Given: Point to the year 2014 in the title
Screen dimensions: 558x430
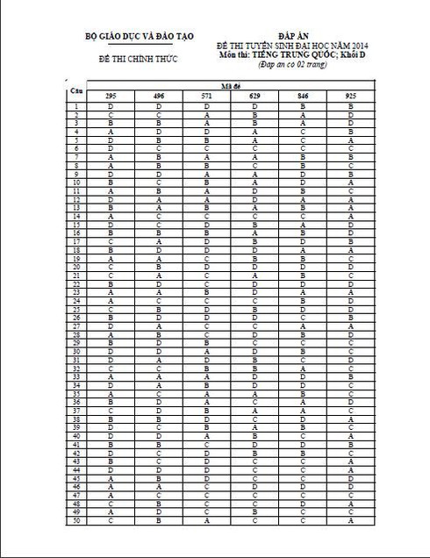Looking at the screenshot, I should tap(348, 43).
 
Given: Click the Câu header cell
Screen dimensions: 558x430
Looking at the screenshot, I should tap(76, 89).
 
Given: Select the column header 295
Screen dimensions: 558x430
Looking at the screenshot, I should tap(111, 93).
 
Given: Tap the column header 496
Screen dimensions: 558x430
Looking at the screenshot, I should tap(158, 93).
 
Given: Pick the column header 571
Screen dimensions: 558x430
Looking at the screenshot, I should tap(206, 93).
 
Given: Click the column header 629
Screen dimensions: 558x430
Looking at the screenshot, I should tap(254, 93).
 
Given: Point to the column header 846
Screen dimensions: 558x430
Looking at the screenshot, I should tap(302, 93).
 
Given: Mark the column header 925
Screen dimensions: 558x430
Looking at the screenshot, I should tap(350, 93).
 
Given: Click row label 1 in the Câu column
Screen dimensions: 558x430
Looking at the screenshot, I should tap(76, 105).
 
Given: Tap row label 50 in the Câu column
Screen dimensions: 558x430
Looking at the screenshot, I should tap(76, 520).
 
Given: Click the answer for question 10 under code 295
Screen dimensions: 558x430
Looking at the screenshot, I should tap(111, 182).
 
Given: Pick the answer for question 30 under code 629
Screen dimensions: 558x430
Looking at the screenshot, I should tap(254, 351).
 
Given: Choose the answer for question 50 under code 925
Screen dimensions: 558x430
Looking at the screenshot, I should tap(350, 520).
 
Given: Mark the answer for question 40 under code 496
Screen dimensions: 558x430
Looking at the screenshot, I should tap(158, 436).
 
